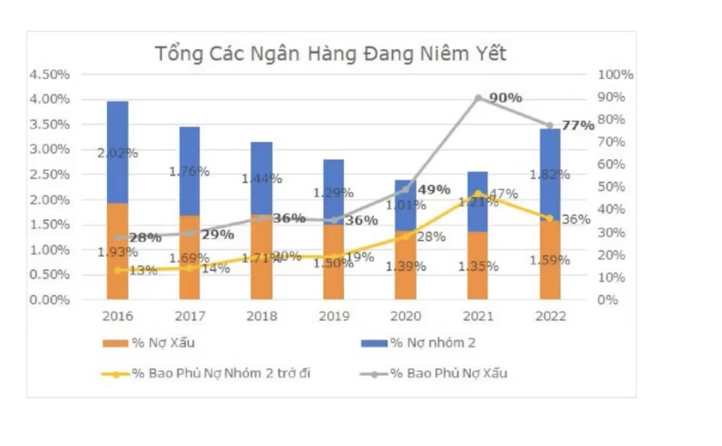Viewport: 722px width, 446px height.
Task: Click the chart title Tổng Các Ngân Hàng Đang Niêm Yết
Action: pos(331,54)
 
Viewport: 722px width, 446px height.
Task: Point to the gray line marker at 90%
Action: pos(478,98)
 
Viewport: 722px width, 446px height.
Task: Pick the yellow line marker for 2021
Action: pos(478,193)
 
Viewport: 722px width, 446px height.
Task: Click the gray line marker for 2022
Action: pos(550,125)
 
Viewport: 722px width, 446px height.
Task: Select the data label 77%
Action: pos(578,125)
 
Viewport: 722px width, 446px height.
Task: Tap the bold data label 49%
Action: pos(434,190)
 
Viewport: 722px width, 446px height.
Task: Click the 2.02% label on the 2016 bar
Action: pos(117,153)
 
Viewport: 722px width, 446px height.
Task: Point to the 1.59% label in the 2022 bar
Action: pos(550,261)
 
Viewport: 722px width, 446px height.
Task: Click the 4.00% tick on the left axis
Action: pos(49,99)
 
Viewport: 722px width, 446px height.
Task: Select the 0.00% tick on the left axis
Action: pos(49,300)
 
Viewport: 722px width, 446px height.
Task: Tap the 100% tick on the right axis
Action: pos(615,75)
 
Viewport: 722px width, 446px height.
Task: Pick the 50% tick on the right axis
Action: pos(611,187)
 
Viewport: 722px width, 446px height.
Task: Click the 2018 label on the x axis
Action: pos(262,316)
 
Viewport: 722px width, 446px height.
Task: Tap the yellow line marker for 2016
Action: pos(118,270)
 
